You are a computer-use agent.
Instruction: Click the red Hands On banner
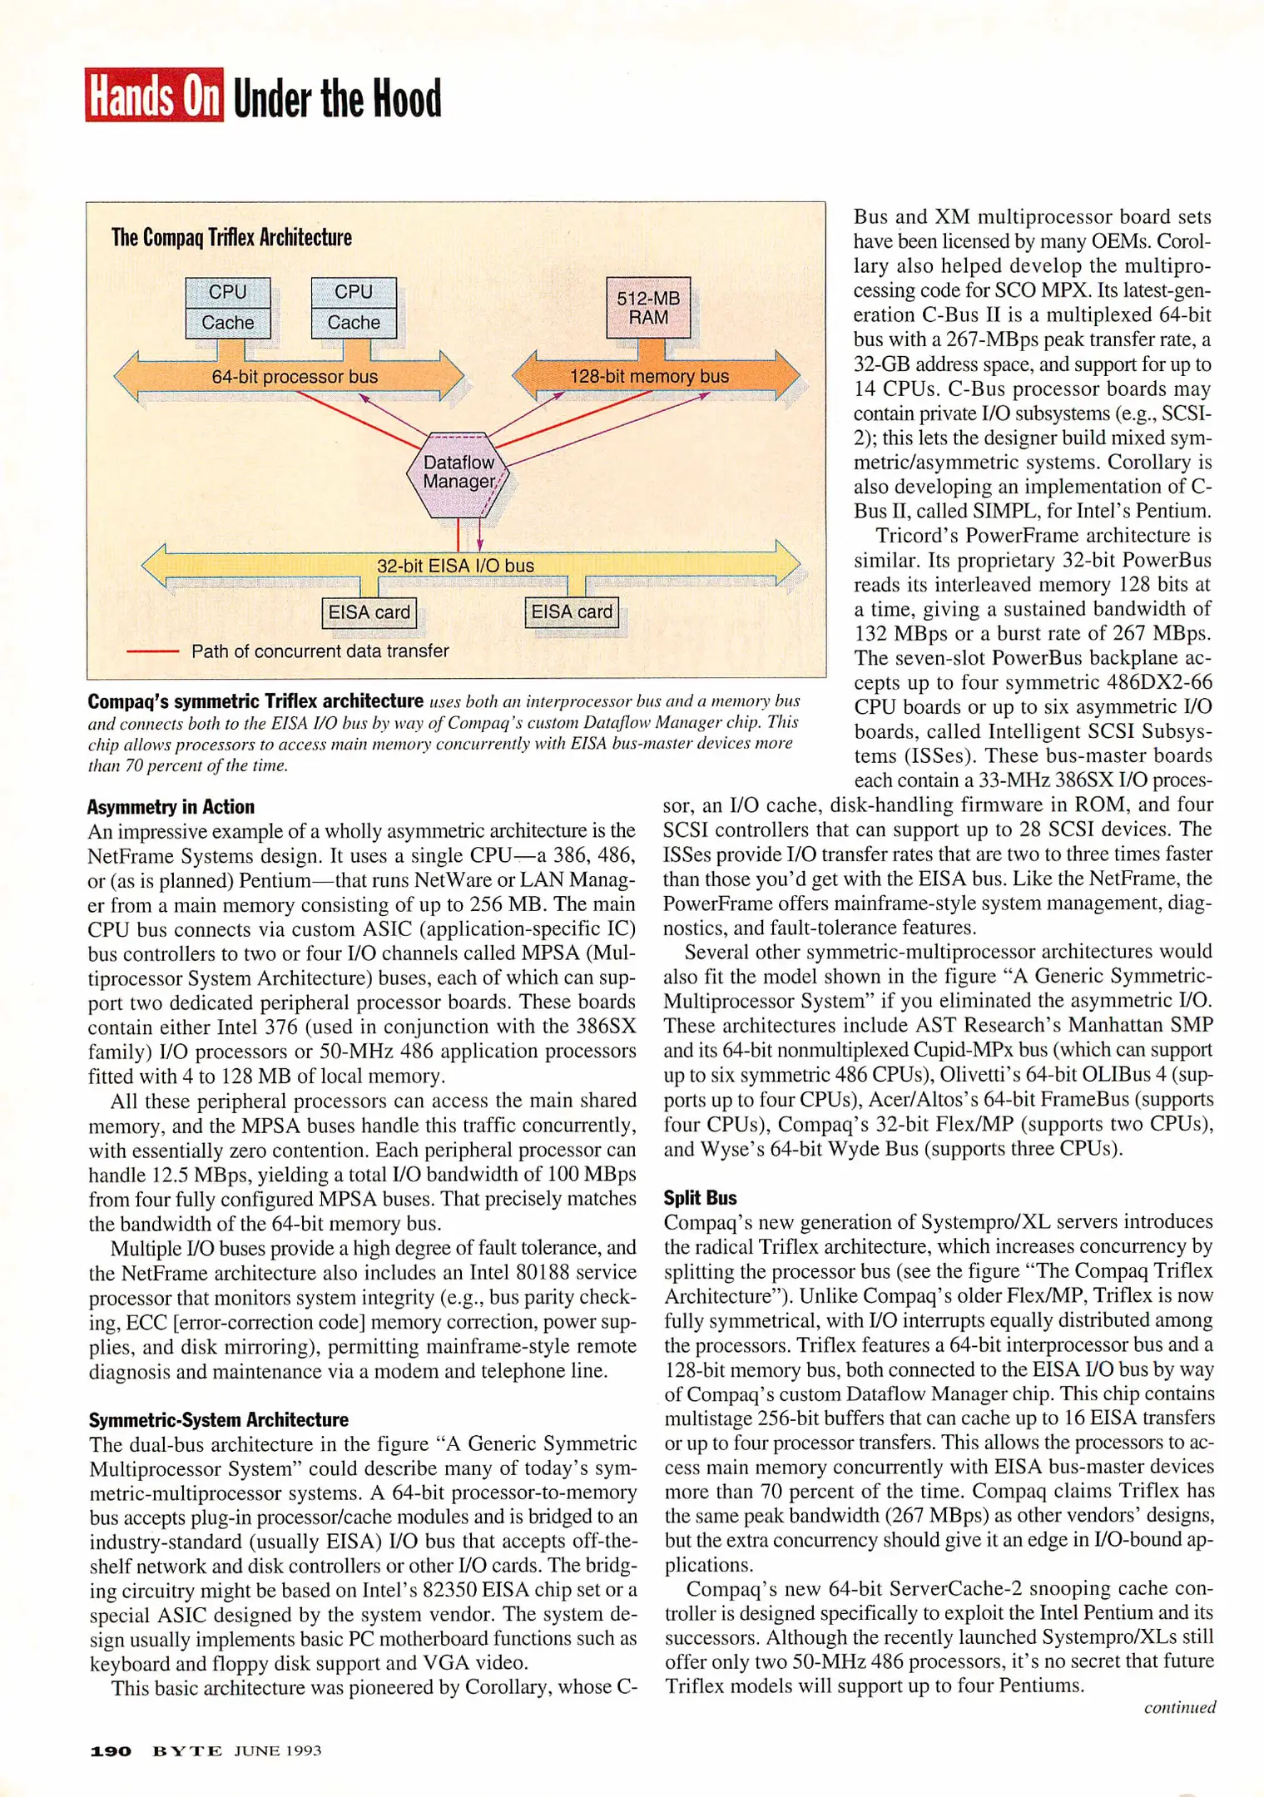coord(155,96)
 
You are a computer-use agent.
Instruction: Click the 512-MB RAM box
coord(648,307)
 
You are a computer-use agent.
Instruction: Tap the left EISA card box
coord(369,613)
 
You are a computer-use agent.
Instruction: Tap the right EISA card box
coord(572,612)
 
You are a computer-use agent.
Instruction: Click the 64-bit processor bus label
coord(295,377)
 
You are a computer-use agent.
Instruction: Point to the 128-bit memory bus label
coord(649,376)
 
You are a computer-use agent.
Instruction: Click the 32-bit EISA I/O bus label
coord(455,566)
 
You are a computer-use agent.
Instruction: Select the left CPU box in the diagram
coord(228,293)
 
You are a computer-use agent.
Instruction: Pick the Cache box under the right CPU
coord(354,323)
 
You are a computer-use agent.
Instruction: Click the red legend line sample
coord(152,651)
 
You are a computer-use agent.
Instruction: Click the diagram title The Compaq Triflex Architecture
coord(231,238)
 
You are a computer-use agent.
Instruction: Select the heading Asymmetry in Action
coord(171,807)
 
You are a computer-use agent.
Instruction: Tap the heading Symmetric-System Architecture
coord(219,1420)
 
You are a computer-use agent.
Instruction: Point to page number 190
coord(111,1751)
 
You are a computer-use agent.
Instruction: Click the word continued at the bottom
coord(1179,1708)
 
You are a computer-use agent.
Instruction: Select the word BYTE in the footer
coord(187,1751)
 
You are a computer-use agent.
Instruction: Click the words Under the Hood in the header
coord(337,99)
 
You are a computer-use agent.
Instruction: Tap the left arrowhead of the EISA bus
coord(154,566)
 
